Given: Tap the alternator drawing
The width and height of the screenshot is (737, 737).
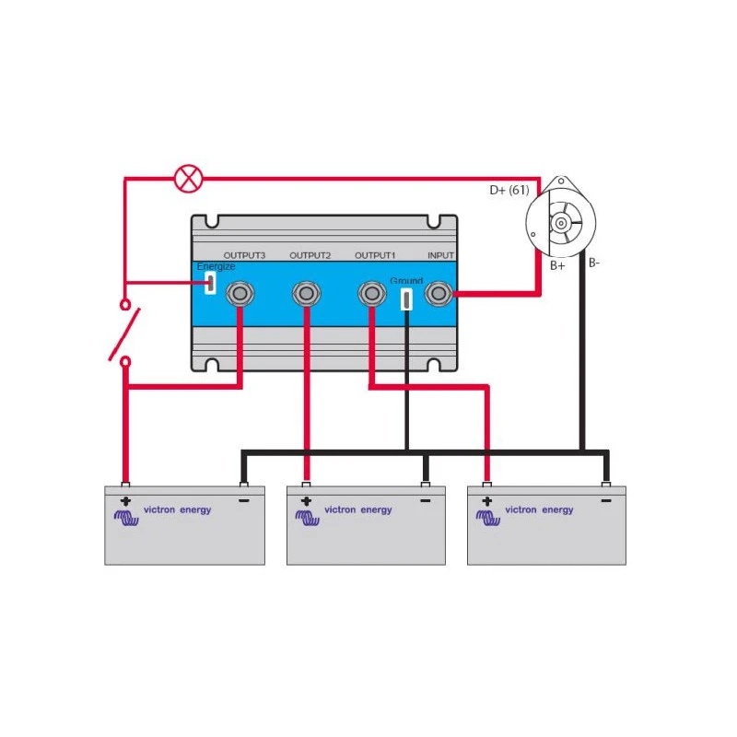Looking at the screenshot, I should (560, 223).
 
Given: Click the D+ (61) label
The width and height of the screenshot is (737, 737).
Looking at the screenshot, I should (509, 191).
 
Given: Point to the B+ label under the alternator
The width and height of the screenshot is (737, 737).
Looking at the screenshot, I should (557, 266).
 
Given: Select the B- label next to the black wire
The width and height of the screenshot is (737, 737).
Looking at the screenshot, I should (594, 263).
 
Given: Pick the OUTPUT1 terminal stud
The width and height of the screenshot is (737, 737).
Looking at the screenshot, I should (371, 294).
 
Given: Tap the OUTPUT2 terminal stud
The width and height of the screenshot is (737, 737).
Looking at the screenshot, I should (307, 294).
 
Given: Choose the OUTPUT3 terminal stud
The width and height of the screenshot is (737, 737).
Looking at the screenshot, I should (241, 294).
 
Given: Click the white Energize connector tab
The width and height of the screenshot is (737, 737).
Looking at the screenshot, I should (210, 283).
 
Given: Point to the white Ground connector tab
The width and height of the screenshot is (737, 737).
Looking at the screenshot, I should (406, 298).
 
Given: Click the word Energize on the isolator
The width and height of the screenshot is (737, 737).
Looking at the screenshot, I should (216, 266).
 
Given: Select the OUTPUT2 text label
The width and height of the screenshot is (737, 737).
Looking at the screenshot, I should (310, 255).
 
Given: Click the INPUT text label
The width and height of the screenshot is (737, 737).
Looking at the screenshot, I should (440, 255).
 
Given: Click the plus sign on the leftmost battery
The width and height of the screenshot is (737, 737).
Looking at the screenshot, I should (125, 502).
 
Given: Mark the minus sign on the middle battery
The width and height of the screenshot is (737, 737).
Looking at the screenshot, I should (425, 502).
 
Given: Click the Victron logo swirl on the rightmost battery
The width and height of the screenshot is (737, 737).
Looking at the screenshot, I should (487, 517).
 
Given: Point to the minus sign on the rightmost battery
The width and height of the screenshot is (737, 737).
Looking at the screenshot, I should (605, 502).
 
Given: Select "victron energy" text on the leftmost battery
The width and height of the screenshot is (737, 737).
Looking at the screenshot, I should (178, 509).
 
